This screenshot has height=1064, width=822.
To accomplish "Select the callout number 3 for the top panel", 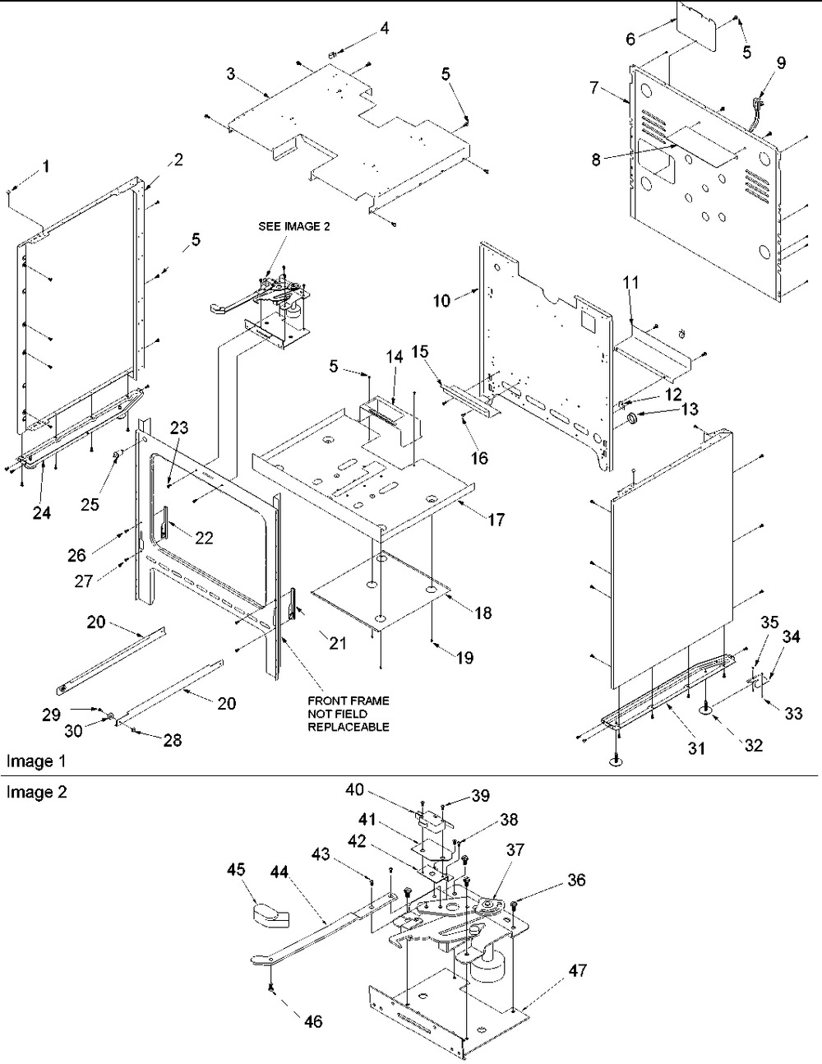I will [x=233, y=75].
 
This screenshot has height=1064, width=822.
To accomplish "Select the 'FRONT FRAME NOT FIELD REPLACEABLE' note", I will [x=348, y=714].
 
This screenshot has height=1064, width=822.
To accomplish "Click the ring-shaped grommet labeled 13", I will [x=634, y=421].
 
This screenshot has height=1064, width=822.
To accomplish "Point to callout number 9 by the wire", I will [x=780, y=62].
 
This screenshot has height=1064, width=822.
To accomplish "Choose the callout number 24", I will [x=41, y=512].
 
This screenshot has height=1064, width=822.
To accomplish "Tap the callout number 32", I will [x=753, y=746].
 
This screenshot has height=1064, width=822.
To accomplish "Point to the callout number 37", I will [x=516, y=849].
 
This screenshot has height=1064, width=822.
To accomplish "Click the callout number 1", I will [x=46, y=167].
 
